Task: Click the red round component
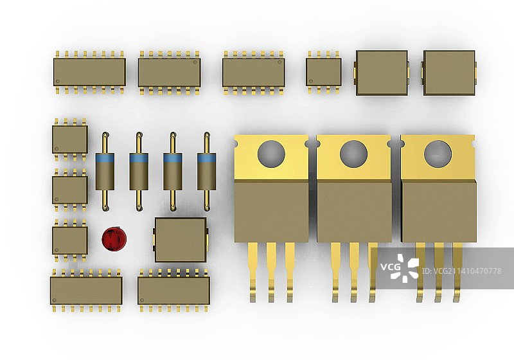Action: point(114,239)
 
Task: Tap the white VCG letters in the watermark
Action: point(391,267)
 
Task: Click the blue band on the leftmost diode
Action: point(105,158)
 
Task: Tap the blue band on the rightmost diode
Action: point(206,158)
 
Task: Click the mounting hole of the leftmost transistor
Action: point(271,154)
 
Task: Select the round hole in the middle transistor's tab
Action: point(353,154)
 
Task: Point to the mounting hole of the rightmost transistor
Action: point(438,154)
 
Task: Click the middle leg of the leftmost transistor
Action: point(271,272)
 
